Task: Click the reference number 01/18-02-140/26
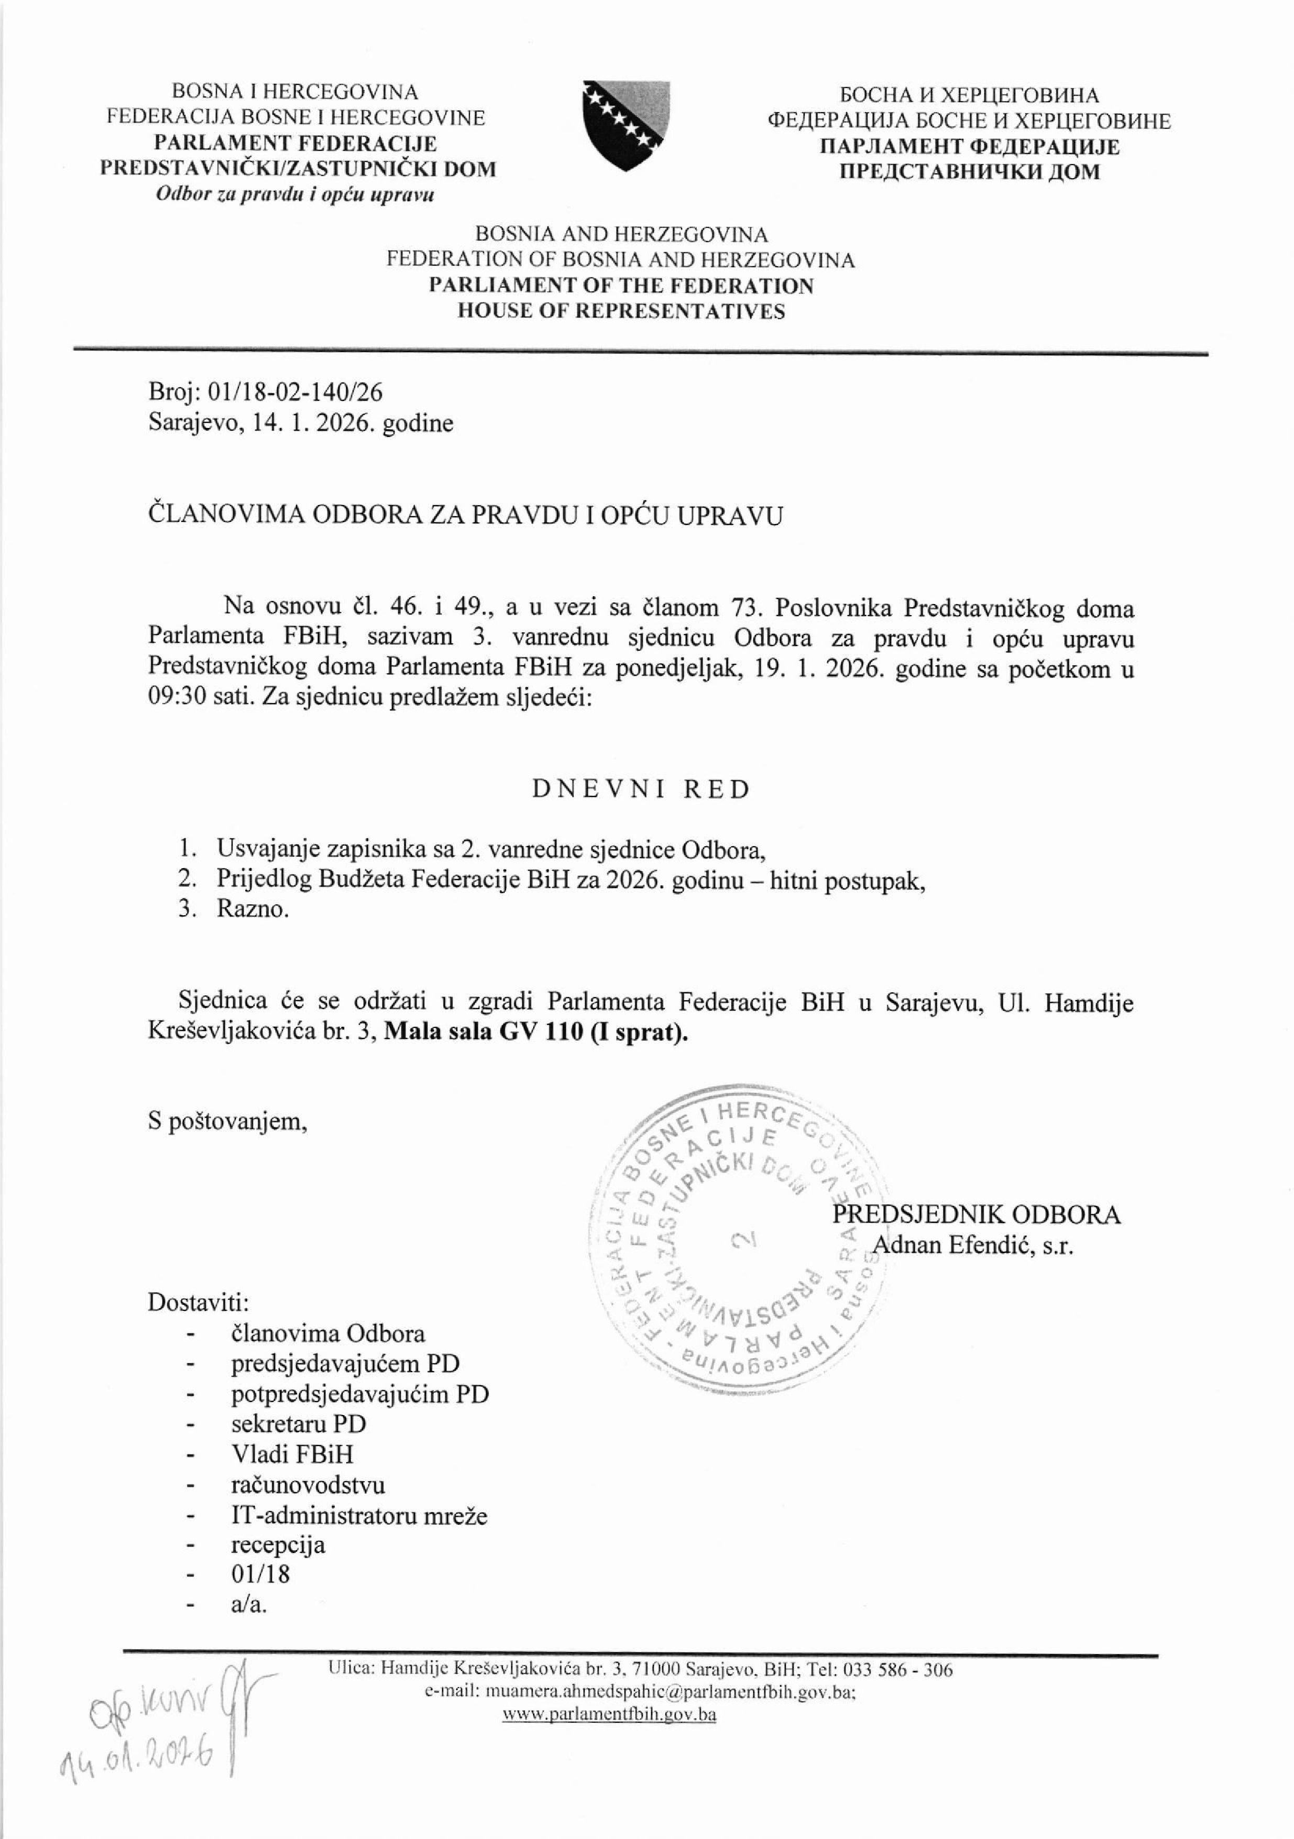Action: tap(294, 392)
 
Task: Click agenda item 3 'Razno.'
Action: tap(252, 910)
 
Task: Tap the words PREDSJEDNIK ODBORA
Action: tap(977, 1214)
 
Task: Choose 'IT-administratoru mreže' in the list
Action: tap(359, 1515)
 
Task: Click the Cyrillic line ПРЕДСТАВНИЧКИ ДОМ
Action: tap(969, 171)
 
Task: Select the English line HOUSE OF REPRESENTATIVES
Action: tap(621, 312)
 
